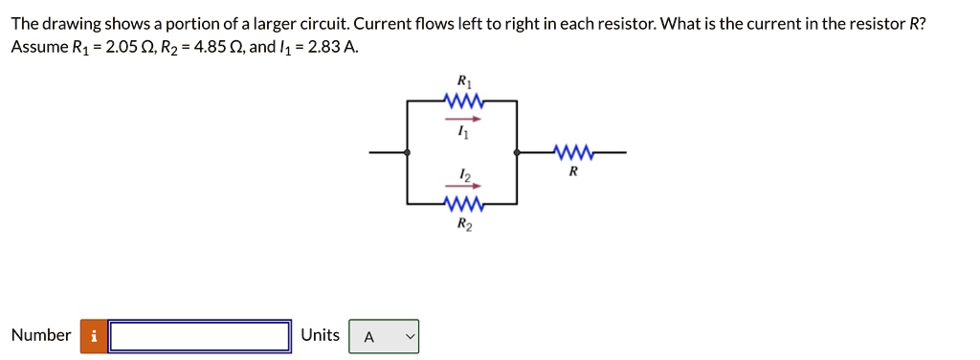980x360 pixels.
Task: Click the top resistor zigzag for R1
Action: [463, 101]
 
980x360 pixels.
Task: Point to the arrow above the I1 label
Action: [463, 120]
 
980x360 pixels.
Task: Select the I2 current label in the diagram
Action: [464, 173]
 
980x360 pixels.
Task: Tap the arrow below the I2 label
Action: [463, 187]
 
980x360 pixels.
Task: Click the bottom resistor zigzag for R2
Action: [463, 204]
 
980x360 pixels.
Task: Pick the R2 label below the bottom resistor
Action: [463, 225]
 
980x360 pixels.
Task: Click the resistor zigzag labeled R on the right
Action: [572, 151]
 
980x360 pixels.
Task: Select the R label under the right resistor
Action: [572, 172]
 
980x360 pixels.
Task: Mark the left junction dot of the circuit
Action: [408, 152]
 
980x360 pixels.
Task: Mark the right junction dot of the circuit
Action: [518, 152]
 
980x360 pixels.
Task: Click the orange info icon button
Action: [94, 336]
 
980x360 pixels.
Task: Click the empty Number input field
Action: [200, 336]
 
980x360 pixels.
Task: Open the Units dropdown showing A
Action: [384, 336]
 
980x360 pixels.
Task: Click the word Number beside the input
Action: [41, 335]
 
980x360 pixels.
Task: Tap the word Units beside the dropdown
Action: [320, 335]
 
